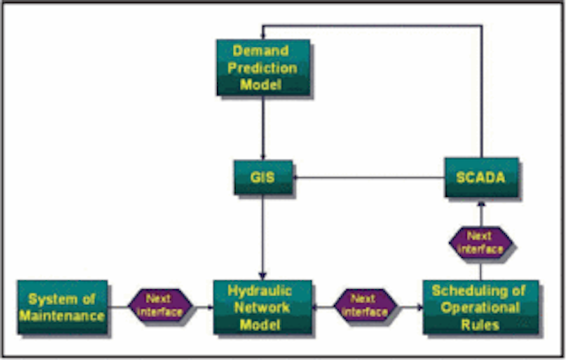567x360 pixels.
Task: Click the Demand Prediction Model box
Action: pos(263,67)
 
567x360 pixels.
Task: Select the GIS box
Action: pos(263,177)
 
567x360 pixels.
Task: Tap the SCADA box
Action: pos(481,177)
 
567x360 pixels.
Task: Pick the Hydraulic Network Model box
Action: pos(262,307)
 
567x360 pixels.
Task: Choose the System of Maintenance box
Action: pos(63,307)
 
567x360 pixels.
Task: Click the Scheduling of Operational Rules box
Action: pos(480,307)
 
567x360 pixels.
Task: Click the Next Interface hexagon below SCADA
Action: pos(480,242)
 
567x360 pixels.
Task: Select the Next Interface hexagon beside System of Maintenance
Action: pos(159,305)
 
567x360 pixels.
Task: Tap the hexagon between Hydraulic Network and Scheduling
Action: pos(365,305)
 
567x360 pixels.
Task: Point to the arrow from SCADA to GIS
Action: pos(369,177)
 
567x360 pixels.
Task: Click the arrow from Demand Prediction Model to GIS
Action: pos(263,128)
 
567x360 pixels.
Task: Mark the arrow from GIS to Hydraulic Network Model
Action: pos(262,238)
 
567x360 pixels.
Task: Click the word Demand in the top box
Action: pos(260,51)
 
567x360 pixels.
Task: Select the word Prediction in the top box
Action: pos(262,68)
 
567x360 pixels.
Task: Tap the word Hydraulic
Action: pos(260,291)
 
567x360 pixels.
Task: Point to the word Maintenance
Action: pos(62,316)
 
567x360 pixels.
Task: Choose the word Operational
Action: pos(480,308)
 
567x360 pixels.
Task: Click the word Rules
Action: pos(480,325)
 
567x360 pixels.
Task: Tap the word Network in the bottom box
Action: pos(262,308)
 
